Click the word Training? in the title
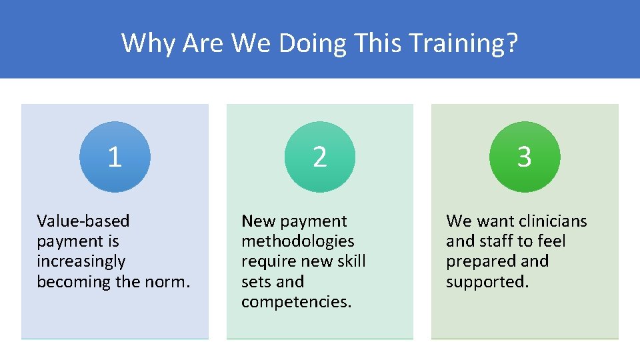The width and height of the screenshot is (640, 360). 464,43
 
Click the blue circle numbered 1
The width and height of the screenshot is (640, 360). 115,157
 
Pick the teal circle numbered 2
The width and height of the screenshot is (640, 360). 320,157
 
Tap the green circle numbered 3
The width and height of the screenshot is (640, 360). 525,157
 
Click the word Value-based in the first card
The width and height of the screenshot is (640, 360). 83,221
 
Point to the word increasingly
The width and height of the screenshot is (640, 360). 81,261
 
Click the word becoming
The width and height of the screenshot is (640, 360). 74,281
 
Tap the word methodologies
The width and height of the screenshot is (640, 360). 298,241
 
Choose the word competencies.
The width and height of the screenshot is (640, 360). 296,302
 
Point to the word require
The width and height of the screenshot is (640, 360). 267,261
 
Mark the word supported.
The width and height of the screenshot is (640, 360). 487,281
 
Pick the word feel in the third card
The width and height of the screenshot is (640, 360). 551,241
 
